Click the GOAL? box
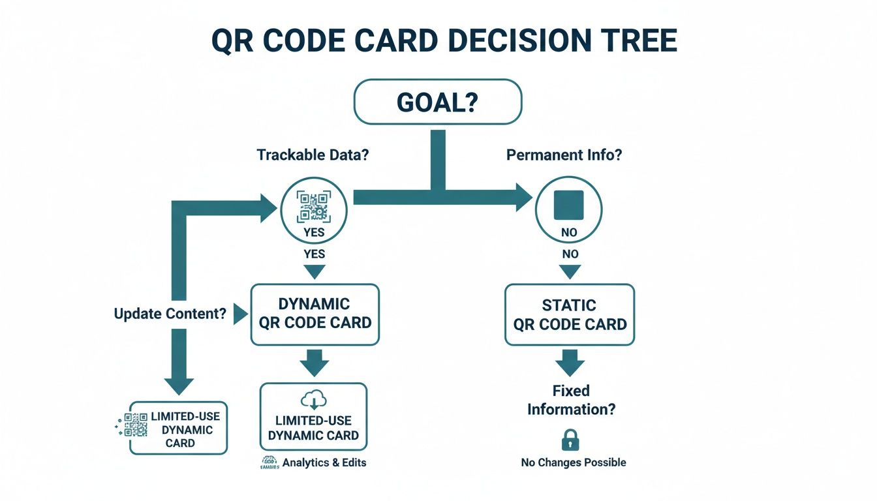pyautogui.click(x=437, y=101)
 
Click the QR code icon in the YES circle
pyautogui.click(x=313, y=206)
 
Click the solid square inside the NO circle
pyautogui.click(x=568, y=204)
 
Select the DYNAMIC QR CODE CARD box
pyautogui.click(x=315, y=314)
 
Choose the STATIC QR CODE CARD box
pyautogui.click(x=570, y=314)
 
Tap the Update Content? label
pyautogui.click(x=170, y=314)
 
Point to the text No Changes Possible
pyautogui.click(x=573, y=463)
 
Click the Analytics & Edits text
pyautogui.click(x=324, y=463)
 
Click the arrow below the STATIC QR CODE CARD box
pyautogui.click(x=569, y=363)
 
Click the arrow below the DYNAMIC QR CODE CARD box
pyautogui.click(x=314, y=363)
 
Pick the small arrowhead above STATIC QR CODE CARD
pyautogui.click(x=570, y=271)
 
